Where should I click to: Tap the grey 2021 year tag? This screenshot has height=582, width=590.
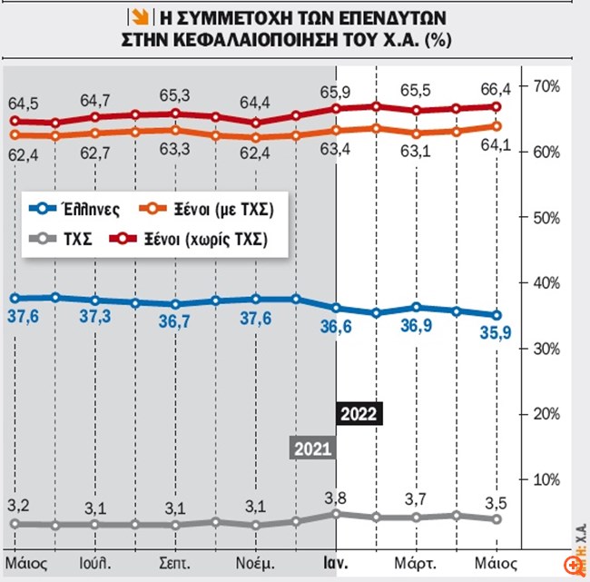(x=312, y=448)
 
